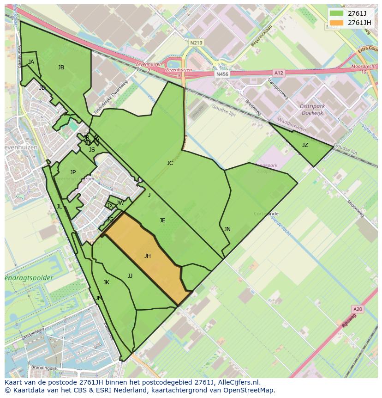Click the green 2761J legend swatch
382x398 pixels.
coord(337,13)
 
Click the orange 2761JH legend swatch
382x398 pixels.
coord(337,23)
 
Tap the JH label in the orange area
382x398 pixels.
coord(147,256)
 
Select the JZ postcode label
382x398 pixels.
coord(305,145)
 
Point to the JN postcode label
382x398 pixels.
coord(227,229)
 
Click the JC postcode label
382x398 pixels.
coord(170,163)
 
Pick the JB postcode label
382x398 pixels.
coord(61,67)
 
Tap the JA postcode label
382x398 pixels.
coord(31,61)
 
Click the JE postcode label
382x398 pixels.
coord(162,220)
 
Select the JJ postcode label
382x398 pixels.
coord(130,276)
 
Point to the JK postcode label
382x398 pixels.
coord(106,282)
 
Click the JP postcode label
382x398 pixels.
coord(73,172)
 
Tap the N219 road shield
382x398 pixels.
coord(196,43)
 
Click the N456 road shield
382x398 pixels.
coord(222,74)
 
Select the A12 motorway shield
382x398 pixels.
coord(278,73)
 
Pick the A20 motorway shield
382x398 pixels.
coord(357,309)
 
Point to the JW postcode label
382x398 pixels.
coord(120,202)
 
